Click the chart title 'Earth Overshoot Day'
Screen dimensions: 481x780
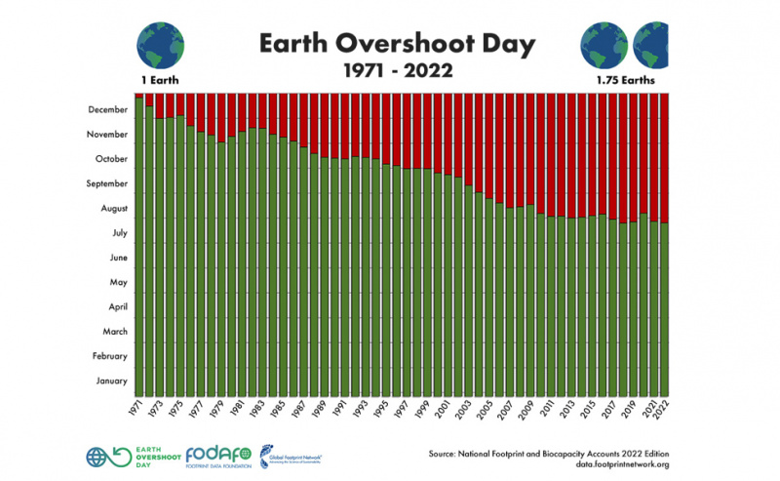tap(390, 42)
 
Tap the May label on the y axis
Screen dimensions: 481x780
tap(118, 282)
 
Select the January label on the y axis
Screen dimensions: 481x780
tap(110, 381)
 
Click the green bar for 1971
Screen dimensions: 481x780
tap(139, 244)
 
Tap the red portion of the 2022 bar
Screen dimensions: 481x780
tap(664, 156)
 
